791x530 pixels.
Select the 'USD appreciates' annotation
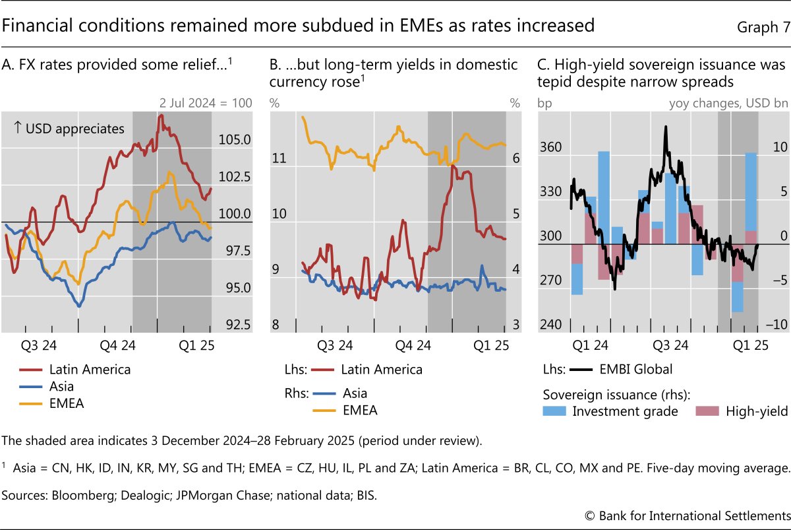[x=69, y=129]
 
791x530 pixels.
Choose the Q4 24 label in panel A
[x=118, y=345]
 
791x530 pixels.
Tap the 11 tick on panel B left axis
[x=279, y=159]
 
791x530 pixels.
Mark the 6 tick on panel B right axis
[x=516, y=159]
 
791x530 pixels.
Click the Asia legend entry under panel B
[x=355, y=393]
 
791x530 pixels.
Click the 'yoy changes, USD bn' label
[x=727, y=103]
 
